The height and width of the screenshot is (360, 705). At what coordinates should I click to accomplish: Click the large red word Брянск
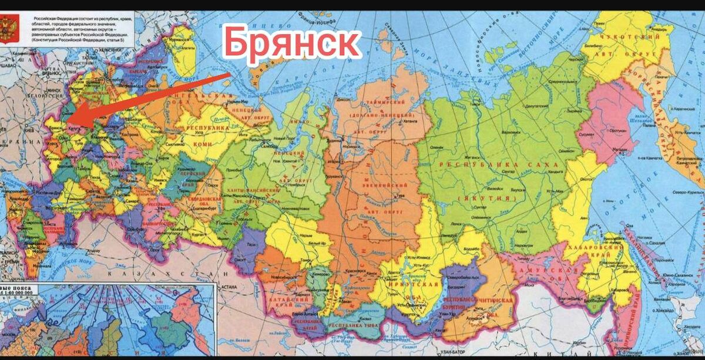pos(291,43)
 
